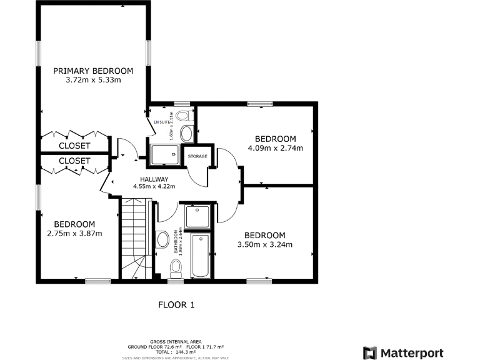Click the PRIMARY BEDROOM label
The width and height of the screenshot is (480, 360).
tap(93, 71)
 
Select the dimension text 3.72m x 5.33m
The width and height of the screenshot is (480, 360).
tap(93, 80)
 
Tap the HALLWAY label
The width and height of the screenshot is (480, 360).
tap(153, 179)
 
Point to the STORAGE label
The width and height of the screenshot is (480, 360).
tap(197, 156)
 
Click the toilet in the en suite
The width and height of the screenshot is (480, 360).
tap(184, 116)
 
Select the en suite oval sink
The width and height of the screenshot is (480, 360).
tap(186, 133)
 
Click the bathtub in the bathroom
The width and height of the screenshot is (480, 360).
tap(201, 256)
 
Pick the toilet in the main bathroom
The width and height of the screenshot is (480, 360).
tap(176, 267)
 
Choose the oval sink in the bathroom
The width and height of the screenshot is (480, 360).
tap(162, 239)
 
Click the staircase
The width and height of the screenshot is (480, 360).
tap(136, 237)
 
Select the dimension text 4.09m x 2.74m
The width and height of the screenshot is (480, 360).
tap(275, 148)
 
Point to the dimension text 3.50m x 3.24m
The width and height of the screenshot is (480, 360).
tap(265, 244)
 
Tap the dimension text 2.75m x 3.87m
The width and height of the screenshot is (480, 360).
tap(74, 233)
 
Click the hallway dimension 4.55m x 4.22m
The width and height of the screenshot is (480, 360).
tap(153, 186)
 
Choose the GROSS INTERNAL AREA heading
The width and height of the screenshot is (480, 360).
tap(176, 342)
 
